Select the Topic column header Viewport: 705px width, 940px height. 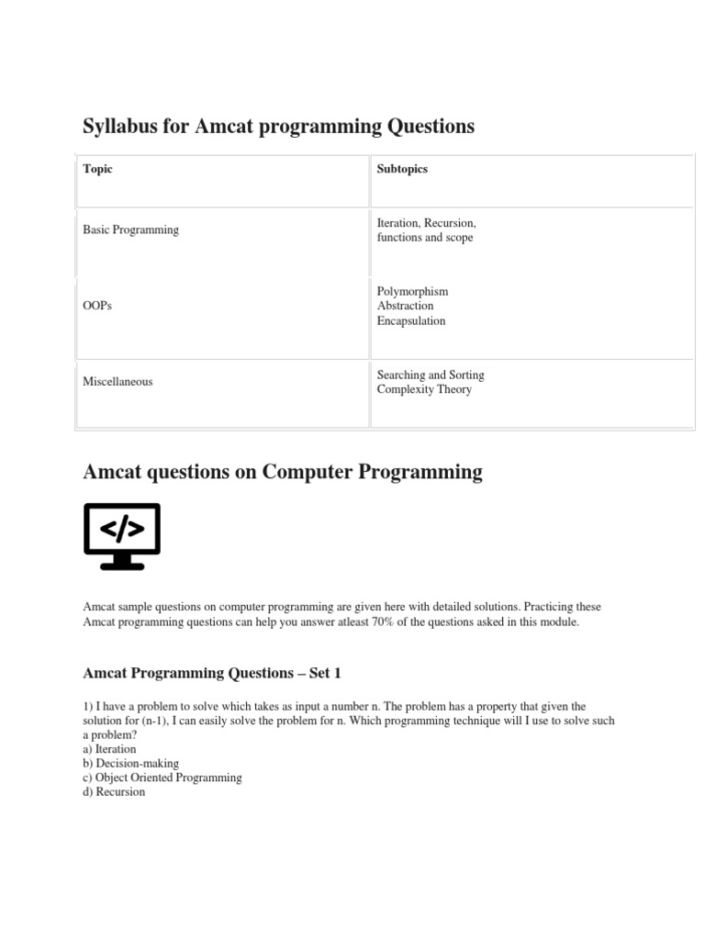pyautogui.click(x=97, y=169)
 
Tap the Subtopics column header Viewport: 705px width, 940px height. pyautogui.click(x=402, y=169)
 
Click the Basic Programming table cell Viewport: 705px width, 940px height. pyautogui.click(x=130, y=229)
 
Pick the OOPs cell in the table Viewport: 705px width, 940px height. pyautogui.click(x=97, y=306)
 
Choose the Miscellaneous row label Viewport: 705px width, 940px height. pyautogui.click(x=117, y=381)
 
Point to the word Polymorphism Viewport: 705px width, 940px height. pyautogui.click(x=412, y=291)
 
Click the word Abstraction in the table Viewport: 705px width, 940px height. pyautogui.click(x=405, y=306)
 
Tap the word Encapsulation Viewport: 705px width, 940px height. pyautogui.click(x=411, y=320)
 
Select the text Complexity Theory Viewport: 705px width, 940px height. pyautogui.click(x=424, y=389)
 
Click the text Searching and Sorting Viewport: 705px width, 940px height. pyautogui.click(x=431, y=375)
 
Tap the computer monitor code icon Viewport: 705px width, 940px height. pyautogui.click(x=122, y=536)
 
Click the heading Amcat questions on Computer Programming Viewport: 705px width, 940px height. pyautogui.click(x=282, y=472)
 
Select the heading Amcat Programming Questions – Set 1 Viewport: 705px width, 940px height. pyautogui.click(x=211, y=673)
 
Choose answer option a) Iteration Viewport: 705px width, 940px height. pyautogui.click(x=109, y=749)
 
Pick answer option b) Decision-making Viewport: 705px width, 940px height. pyautogui.click(x=130, y=763)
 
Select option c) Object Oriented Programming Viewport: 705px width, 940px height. pyautogui.click(x=162, y=778)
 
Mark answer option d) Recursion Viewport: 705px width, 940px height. pyautogui.click(x=114, y=791)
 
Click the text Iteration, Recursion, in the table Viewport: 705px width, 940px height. pyautogui.click(x=426, y=223)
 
